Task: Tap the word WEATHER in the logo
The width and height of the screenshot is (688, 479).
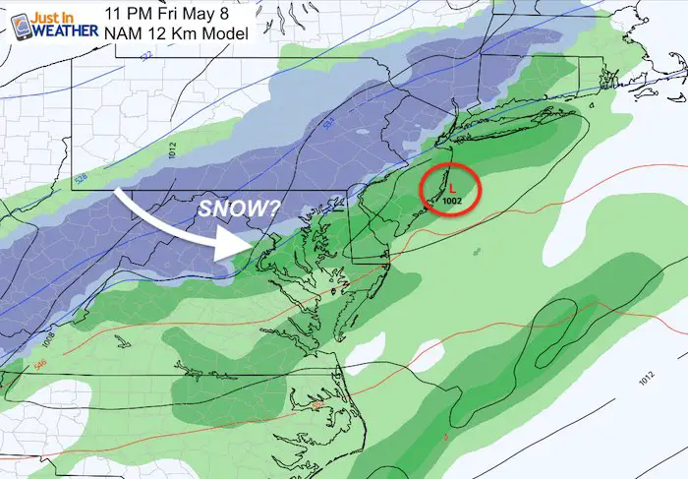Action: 64,30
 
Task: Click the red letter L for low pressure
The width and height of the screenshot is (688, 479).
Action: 450,184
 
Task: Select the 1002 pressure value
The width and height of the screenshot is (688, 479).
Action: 451,200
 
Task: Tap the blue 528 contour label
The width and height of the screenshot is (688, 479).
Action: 80,179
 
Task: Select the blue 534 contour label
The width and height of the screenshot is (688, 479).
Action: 327,123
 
